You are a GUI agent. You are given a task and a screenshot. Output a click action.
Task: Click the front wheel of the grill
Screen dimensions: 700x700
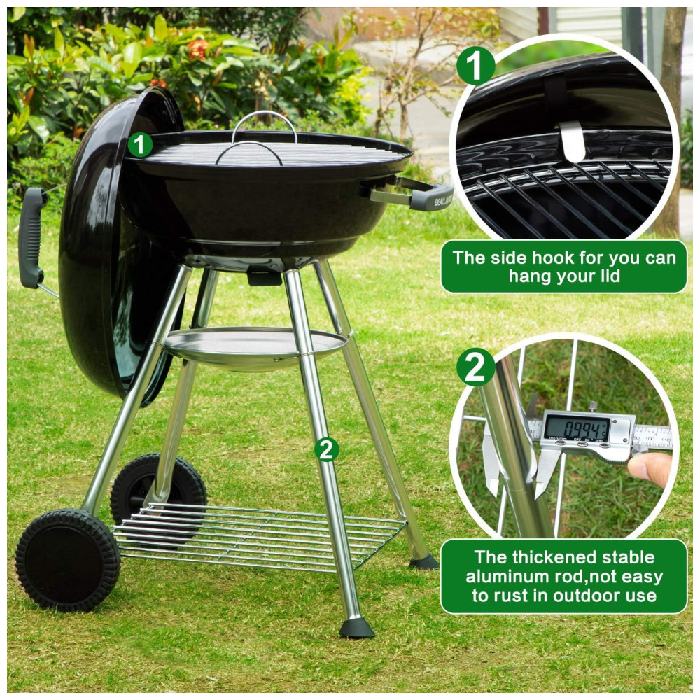pyautogui.click(x=68, y=560)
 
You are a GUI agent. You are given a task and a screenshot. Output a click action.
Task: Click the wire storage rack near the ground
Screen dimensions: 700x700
pyautogui.click(x=259, y=535)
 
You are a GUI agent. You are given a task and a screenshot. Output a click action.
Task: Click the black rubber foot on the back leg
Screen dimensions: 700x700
pyautogui.click(x=423, y=561)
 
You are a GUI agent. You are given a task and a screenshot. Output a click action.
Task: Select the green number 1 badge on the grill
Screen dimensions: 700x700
pyautogui.click(x=140, y=145)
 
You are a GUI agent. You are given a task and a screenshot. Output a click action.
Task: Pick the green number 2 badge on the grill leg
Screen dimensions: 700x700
pyautogui.click(x=327, y=449)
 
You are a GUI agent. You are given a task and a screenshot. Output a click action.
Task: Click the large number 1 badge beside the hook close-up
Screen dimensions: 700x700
pyautogui.click(x=475, y=65)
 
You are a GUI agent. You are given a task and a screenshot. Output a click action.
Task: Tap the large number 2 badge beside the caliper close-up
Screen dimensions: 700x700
pyautogui.click(x=475, y=367)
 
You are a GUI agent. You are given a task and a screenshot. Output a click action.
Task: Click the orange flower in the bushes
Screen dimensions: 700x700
pyautogui.click(x=198, y=49)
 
